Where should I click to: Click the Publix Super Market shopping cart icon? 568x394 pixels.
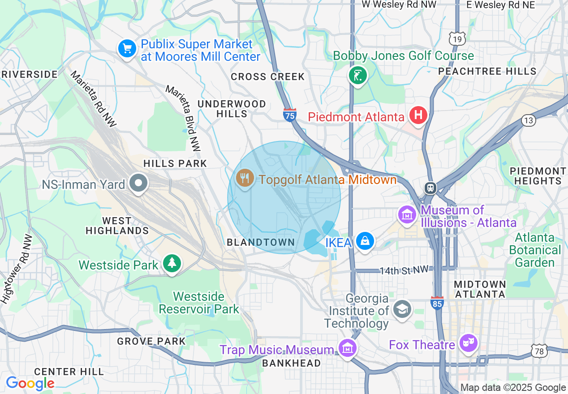click(x=127, y=49)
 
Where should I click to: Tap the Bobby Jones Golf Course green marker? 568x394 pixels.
click(x=358, y=75)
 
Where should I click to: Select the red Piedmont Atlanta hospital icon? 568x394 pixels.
click(x=418, y=116)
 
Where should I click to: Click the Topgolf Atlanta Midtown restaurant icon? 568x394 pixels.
click(x=245, y=179)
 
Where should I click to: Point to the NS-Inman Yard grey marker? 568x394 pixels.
click(x=138, y=183)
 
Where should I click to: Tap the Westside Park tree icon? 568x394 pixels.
click(x=172, y=263)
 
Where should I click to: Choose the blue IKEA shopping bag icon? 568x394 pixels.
click(x=366, y=241)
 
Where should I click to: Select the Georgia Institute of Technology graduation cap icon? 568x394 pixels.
click(x=402, y=309)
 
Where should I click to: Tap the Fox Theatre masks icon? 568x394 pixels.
click(x=469, y=343)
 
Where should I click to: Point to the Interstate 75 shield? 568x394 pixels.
click(x=290, y=115)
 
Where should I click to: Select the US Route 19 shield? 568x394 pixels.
click(x=456, y=39)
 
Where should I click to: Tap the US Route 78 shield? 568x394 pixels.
click(x=539, y=351)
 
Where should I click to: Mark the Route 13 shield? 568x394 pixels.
click(x=529, y=120)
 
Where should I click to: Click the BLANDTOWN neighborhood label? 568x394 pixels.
click(x=261, y=242)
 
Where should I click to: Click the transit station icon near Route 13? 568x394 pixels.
click(x=430, y=188)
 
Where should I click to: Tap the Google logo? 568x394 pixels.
click(x=30, y=383)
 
